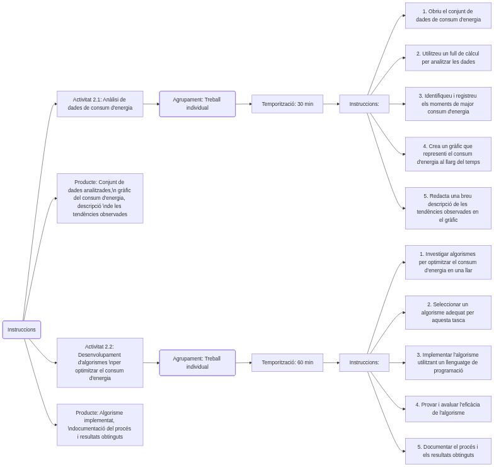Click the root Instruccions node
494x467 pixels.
[x=21, y=330]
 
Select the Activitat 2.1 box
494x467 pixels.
[x=100, y=104]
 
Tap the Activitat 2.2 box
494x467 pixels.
[x=100, y=362]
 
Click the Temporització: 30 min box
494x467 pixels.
[x=287, y=104]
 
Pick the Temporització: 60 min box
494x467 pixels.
[x=287, y=362]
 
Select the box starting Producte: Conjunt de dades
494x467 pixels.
[x=100, y=198]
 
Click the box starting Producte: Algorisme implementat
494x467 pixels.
[x=100, y=425]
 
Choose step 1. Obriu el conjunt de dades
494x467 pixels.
[x=448, y=15]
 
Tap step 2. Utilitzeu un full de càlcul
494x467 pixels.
[x=448, y=58]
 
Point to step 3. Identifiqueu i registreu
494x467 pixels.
[x=448, y=104]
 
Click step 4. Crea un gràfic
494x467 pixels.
[x=448, y=154]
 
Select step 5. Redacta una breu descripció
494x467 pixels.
[x=448, y=208]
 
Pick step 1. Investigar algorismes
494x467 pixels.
[x=448, y=262]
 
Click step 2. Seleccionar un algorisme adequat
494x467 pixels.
[x=448, y=313]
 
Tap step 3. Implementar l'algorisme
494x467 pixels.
[x=448, y=362]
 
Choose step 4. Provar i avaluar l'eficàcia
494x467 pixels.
[x=448, y=408]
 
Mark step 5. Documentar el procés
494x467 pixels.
[x=448, y=451]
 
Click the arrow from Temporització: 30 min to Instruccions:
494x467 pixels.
[x=331, y=104]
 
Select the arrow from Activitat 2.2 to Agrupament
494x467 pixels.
[x=151, y=362]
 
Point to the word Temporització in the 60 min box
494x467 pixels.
[x=279, y=362]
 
